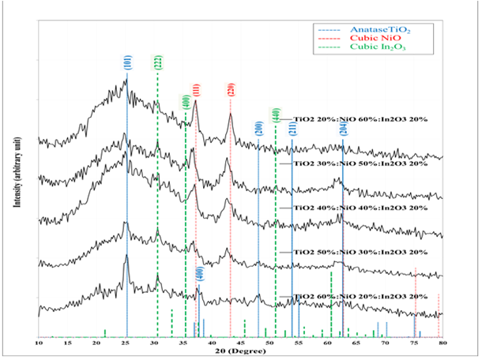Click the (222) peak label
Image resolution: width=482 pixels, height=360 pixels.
click(159, 64)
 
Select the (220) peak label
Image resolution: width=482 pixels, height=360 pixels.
click(231, 89)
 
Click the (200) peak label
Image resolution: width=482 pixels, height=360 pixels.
click(258, 127)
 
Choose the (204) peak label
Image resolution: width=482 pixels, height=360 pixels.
click(342, 129)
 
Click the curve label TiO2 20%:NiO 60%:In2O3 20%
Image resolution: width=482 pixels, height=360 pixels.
click(360, 119)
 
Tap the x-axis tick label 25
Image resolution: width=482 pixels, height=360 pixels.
click(126, 343)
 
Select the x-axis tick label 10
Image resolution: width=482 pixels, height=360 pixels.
click(40, 343)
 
